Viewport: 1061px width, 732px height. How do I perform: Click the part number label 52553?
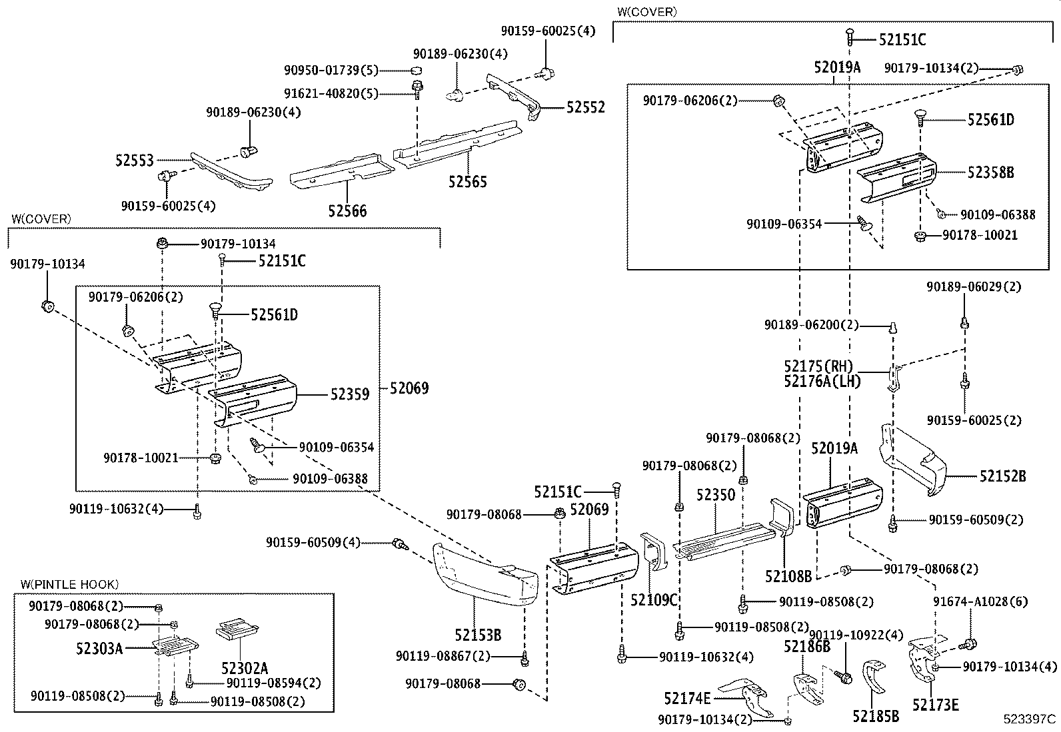tap(134, 161)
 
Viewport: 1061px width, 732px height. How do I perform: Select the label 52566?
tap(347, 211)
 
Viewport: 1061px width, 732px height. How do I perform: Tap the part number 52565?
tap(467, 181)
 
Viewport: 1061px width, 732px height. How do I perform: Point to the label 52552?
tap(586, 107)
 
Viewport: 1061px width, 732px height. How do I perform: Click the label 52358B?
tap(990, 173)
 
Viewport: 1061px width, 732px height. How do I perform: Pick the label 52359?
tap(349, 394)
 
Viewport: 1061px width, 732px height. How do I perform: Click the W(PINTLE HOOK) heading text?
tap(69, 584)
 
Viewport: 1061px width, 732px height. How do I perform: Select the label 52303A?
tap(99, 647)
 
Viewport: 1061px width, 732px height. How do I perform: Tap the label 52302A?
tap(244, 668)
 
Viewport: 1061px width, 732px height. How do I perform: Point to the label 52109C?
tap(654, 600)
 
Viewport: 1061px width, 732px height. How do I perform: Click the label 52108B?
tap(788, 576)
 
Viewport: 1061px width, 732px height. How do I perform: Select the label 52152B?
tap(1002, 476)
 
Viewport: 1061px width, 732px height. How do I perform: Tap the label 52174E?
tap(687, 698)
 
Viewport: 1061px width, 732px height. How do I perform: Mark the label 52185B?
tap(876, 716)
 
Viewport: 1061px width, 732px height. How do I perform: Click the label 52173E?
tap(935, 705)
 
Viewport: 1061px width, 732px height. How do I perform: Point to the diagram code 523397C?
tap(1030, 719)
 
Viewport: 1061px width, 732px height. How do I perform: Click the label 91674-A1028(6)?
tap(979, 601)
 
